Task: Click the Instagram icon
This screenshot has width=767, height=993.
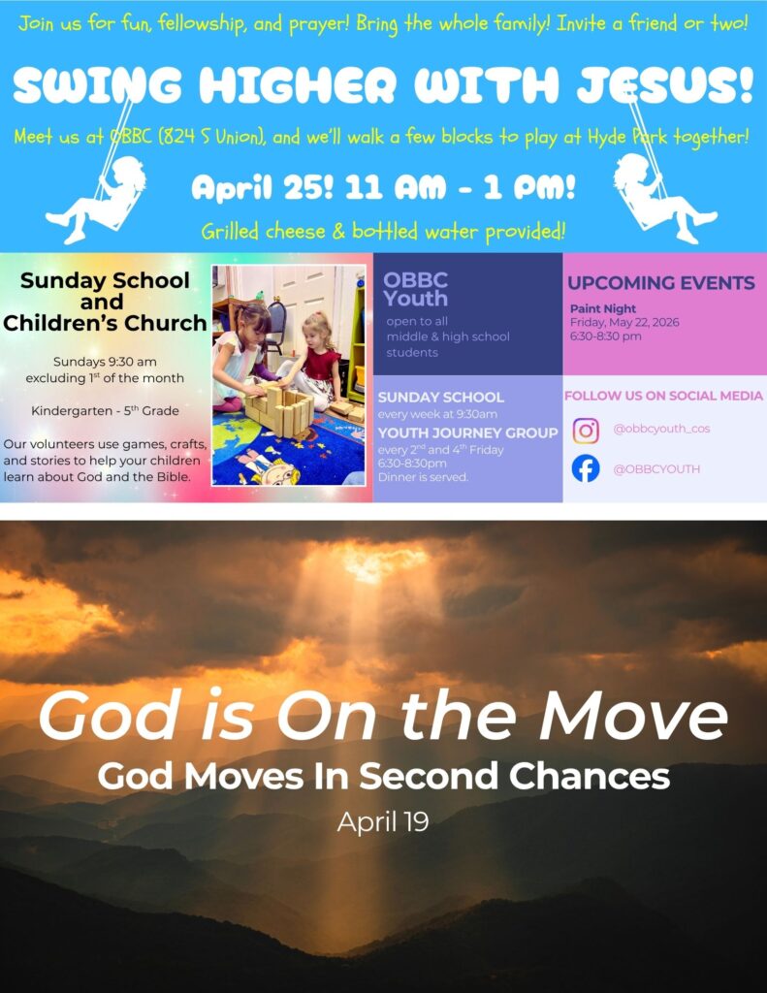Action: tap(586, 431)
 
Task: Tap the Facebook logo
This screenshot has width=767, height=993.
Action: tap(586, 468)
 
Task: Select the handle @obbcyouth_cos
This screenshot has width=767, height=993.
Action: tap(661, 429)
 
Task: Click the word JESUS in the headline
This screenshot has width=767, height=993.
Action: tap(664, 84)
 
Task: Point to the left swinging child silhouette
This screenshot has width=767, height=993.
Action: tap(95, 190)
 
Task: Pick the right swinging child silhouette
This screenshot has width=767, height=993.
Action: tap(665, 190)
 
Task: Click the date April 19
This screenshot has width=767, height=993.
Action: tap(383, 822)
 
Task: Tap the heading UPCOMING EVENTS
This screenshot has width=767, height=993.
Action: tap(661, 282)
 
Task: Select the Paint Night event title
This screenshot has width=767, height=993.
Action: tap(602, 308)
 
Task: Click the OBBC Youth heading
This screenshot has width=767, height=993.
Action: tap(415, 289)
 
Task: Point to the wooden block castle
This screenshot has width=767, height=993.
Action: tap(278, 410)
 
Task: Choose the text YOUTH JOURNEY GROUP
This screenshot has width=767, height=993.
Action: tap(468, 432)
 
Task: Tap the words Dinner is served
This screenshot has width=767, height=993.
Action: tap(423, 477)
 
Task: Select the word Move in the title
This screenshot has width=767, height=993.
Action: tap(633, 715)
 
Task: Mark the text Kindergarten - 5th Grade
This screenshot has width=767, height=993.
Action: tap(105, 410)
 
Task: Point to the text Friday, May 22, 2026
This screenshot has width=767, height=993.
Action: tap(624, 322)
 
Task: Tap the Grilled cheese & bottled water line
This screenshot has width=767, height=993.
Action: tap(383, 231)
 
